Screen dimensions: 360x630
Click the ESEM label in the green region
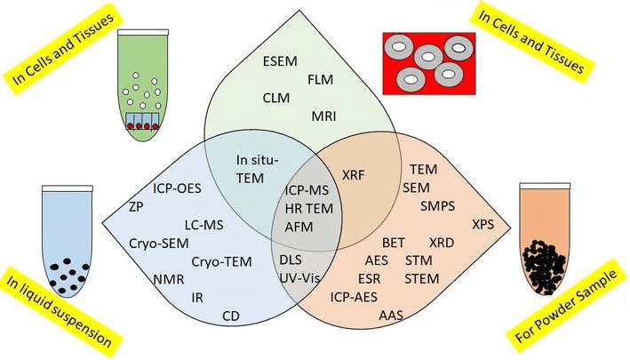coord(283,62)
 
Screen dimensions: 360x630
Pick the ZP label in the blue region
coord(135,206)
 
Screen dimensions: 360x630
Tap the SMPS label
coord(439,205)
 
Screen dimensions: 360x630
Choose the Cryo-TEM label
coord(221,261)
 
